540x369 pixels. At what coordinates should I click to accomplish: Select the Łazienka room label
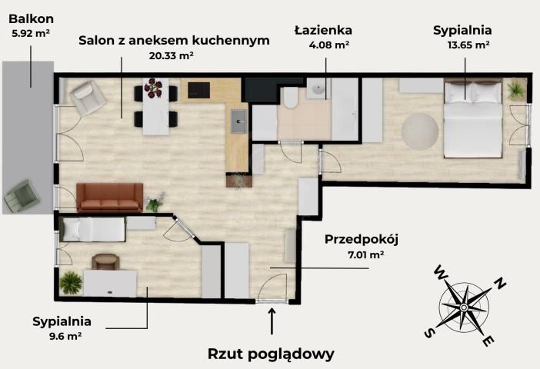tap(323, 30)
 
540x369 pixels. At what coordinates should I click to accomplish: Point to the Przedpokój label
tap(356, 238)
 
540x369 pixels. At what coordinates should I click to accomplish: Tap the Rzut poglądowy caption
tap(271, 354)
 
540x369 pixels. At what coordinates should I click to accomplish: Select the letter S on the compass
tap(429, 333)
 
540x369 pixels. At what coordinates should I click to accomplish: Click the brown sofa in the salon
tap(109, 197)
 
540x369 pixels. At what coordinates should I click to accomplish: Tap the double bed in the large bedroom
tap(473, 119)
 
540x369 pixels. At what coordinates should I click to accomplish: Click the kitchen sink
tap(238, 120)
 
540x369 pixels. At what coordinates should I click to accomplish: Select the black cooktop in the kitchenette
tap(198, 90)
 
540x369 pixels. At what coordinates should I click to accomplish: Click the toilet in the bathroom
tap(290, 98)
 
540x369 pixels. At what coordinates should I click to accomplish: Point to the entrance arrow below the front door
tap(272, 323)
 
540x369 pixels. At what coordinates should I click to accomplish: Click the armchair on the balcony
tap(22, 196)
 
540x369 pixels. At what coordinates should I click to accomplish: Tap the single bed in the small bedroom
tap(92, 228)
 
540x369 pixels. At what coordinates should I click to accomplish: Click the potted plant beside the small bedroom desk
tap(70, 282)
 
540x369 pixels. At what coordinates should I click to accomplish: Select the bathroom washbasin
tap(317, 91)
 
